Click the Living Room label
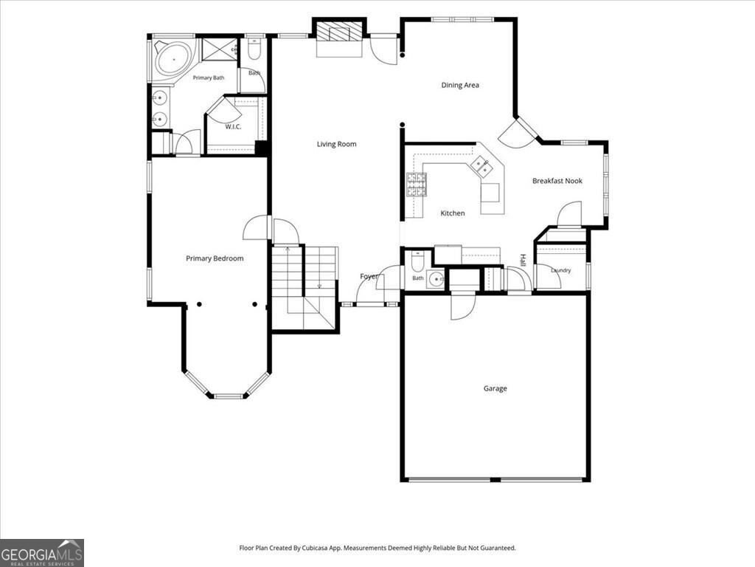(336, 144)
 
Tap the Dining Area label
(460, 85)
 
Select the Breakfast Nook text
(557, 181)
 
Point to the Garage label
(495, 388)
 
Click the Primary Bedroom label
(215, 258)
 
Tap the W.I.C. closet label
(233, 127)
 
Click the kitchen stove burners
(417, 185)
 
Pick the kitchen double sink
(481, 166)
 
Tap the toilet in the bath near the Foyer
(417, 261)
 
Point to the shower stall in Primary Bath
(220, 49)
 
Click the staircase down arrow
(319, 286)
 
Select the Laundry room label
(561, 270)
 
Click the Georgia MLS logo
(42, 552)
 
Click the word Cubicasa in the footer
(315, 548)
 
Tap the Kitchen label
(453, 213)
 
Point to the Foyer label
(369, 276)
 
